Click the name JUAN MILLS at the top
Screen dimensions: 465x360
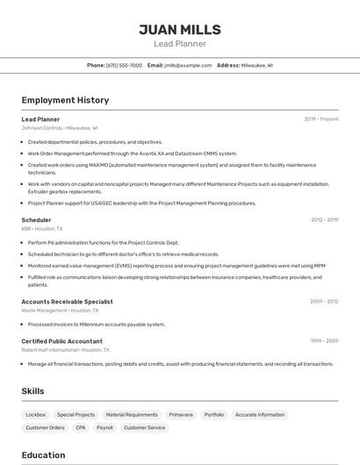(179, 29)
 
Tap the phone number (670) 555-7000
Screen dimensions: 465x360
(124, 65)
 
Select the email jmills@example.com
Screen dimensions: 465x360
(187, 65)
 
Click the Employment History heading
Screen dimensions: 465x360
(65, 100)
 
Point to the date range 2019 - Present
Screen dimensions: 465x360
(321, 119)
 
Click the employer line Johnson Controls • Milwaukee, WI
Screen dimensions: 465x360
(60, 128)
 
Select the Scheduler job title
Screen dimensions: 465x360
(36, 220)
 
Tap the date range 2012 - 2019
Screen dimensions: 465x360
(324, 220)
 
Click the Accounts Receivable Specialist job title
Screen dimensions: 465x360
(67, 301)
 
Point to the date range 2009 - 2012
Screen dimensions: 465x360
(324, 301)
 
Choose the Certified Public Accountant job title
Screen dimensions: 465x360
(61, 341)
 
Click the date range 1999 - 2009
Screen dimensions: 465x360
(324, 341)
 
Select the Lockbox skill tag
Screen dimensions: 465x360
(36, 414)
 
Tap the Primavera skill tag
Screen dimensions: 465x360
(181, 414)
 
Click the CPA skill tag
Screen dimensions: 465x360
(81, 427)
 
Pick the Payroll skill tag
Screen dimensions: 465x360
(104, 427)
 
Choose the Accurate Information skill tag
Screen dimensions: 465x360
(260, 414)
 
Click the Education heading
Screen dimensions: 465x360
(43, 455)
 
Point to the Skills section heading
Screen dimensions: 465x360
(32, 390)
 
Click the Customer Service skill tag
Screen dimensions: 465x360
(144, 427)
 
